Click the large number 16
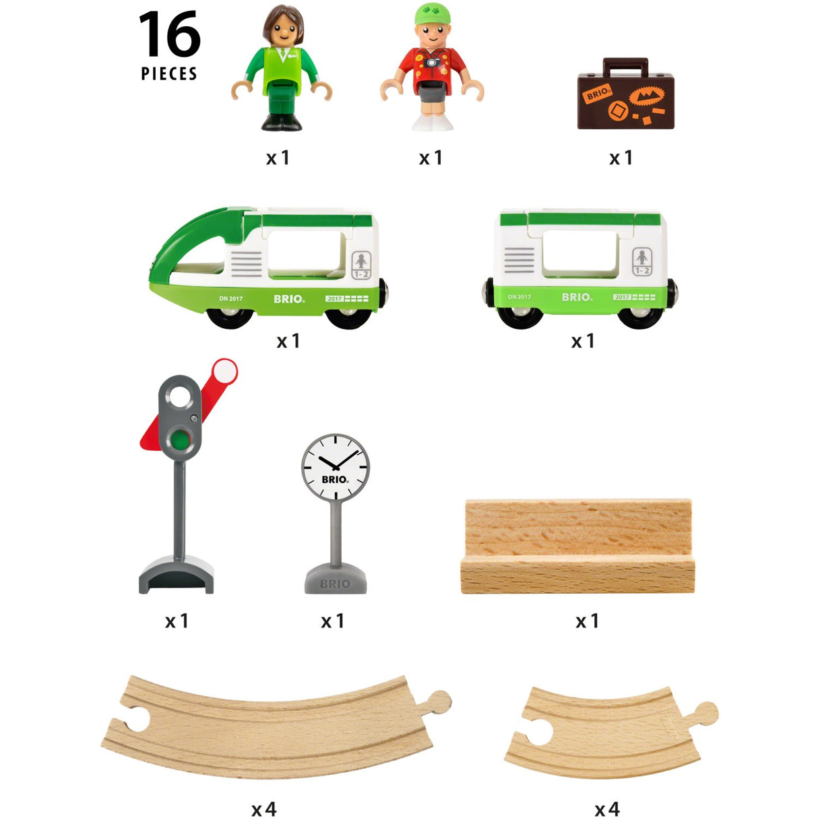170,35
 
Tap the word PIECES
169,74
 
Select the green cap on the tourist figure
431,13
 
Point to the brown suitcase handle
625,65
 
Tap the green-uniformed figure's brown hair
283,20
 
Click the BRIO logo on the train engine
289,298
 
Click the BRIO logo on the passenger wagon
577,296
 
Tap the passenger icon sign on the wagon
641,261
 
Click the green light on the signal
180,441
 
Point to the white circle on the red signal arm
224,371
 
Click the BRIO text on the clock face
334,479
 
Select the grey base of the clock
336,581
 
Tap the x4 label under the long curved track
264,809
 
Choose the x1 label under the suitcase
621,158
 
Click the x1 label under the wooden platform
587,621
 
